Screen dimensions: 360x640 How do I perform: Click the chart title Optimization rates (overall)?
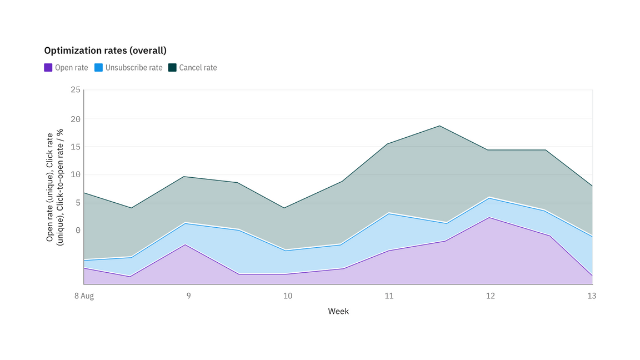(105, 51)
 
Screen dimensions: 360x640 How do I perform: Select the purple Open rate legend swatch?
(48, 68)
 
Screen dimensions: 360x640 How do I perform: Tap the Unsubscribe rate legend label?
(134, 68)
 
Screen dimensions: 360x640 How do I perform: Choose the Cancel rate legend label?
(198, 68)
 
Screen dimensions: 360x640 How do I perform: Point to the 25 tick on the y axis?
(75, 90)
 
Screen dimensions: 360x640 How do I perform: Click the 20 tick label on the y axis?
(75, 119)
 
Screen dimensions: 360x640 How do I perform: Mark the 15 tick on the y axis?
(75, 147)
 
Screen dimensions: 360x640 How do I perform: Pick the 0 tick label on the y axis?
(78, 231)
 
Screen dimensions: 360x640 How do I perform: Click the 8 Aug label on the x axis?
(84, 296)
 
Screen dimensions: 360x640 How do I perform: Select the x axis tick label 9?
(188, 296)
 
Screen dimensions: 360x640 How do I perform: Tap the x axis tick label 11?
(389, 296)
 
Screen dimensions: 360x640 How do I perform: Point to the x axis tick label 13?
(592, 296)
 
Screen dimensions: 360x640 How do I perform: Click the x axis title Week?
(338, 311)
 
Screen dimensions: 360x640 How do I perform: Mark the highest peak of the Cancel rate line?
(439, 126)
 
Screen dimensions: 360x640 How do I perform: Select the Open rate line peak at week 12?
(489, 217)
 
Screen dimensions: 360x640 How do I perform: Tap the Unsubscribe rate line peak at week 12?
(489, 197)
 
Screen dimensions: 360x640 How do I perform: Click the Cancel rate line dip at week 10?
(285, 208)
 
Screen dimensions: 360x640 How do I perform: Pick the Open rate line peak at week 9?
(185, 244)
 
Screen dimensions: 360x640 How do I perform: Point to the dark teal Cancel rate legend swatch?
(172, 68)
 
